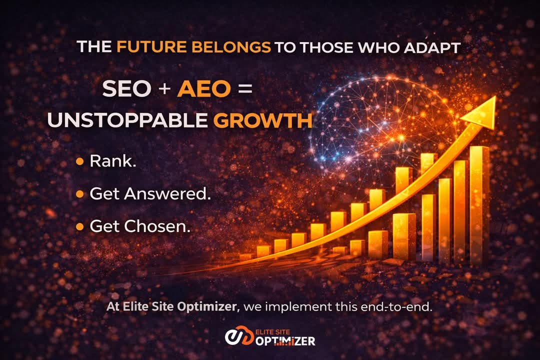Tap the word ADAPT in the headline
[435, 47]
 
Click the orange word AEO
[204, 89]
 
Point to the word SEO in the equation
[126, 89]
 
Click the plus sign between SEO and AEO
[164, 89]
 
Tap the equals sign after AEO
[243, 89]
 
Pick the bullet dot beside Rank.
[79, 161]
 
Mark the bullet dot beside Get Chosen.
[79, 227]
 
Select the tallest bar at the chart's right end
[479, 205]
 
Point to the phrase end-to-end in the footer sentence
[398, 307]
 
